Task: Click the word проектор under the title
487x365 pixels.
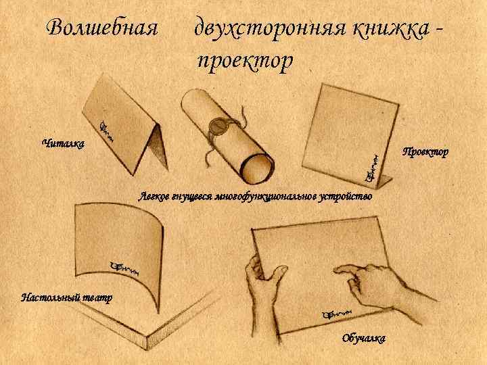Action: click(244, 62)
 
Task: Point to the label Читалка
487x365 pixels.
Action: click(62, 143)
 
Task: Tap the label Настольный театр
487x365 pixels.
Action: click(66, 297)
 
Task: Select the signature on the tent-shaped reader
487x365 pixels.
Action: click(109, 130)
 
